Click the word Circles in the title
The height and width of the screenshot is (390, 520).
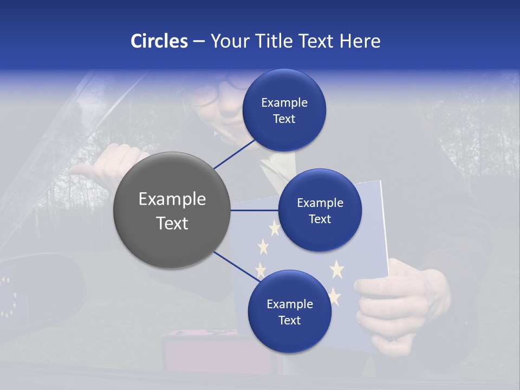click(159, 41)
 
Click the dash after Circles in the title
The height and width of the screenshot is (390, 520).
click(199, 42)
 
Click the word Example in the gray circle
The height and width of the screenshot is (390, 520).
click(172, 199)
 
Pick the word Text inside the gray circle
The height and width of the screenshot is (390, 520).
click(172, 223)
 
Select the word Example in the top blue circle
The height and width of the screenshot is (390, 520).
click(284, 102)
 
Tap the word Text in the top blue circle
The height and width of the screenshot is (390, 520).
click(284, 119)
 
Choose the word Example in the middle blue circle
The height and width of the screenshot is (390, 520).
click(320, 203)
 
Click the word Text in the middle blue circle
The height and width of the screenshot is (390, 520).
click(320, 219)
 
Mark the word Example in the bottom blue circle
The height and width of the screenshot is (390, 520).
click(290, 304)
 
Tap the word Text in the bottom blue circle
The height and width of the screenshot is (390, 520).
click(290, 320)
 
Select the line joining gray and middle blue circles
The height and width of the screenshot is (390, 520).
click(255, 210)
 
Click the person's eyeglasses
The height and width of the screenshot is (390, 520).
click(217, 89)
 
